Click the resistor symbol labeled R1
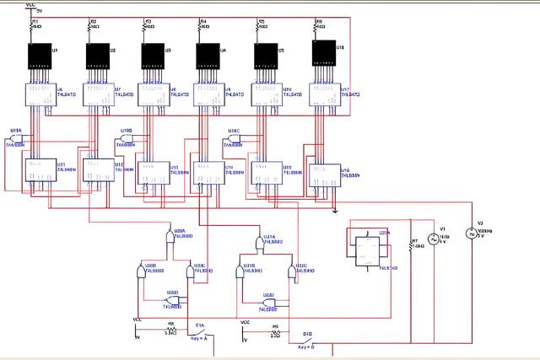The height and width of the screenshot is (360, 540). (32, 26)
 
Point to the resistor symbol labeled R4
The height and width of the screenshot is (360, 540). (201, 26)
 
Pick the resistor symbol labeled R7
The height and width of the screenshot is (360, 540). (411, 246)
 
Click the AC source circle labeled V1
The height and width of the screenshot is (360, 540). (438, 239)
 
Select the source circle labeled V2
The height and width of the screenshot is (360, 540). (473, 234)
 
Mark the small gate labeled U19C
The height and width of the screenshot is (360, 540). (234, 140)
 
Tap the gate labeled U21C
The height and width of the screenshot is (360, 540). (292, 273)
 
